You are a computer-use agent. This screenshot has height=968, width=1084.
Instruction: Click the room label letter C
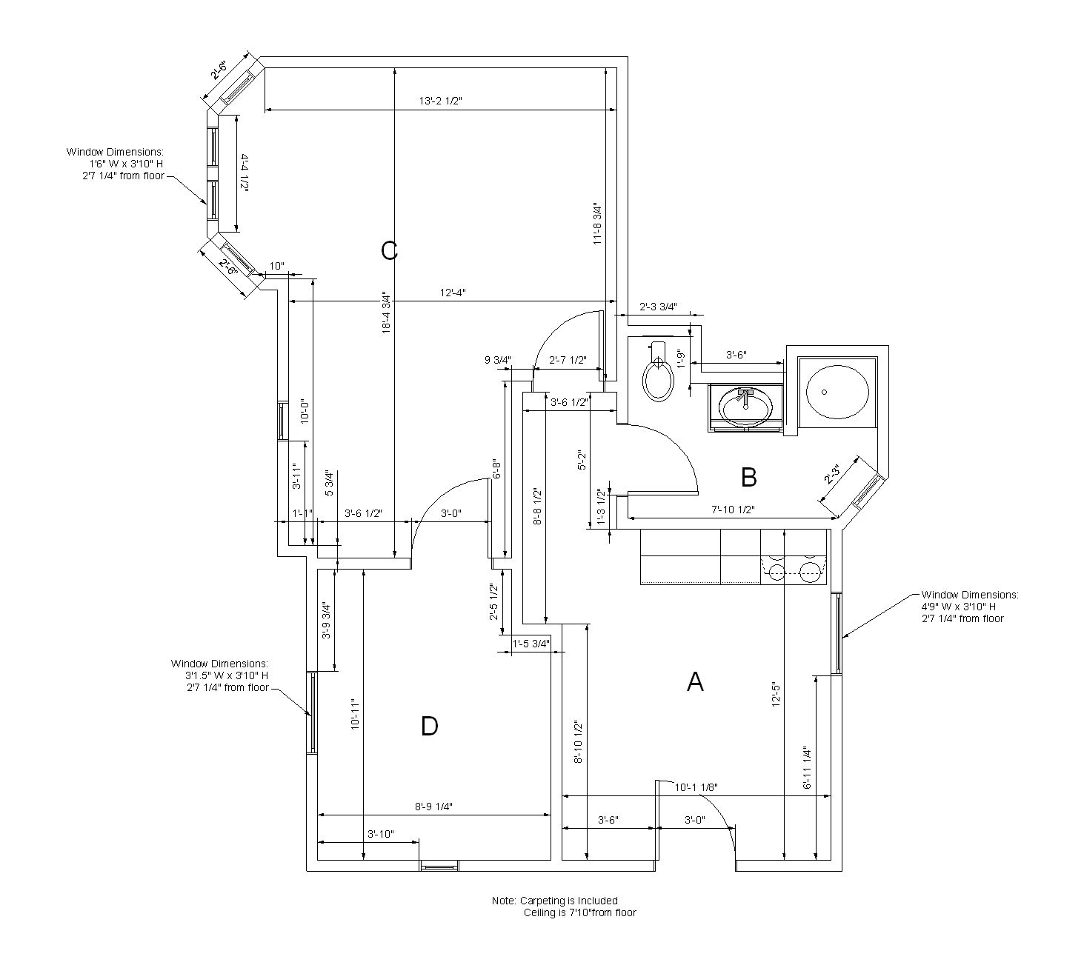pyautogui.click(x=389, y=251)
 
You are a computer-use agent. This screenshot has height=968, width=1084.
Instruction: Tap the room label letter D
pyautogui.click(x=429, y=727)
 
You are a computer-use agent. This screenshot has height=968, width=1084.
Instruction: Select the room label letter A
pyautogui.click(x=695, y=681)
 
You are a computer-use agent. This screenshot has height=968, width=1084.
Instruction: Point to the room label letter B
pyautogui.click(x=748, y=478)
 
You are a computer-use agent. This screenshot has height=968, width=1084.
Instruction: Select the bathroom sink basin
pyautogui.click(x=745, y=406)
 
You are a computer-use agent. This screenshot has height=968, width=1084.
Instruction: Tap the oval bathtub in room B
pyautogui.click(x=837, y=393)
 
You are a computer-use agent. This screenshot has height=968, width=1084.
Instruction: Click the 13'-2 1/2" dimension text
pyautogui.click(x=440, y=101)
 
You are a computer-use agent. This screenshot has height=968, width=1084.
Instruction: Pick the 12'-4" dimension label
pyautogui.click(x=453, y=293)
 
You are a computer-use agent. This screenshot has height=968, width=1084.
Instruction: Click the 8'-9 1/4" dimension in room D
pyautogui.click(x=433, y=807)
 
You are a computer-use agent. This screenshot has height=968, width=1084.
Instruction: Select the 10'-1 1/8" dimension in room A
pyautogui.click(x=696, y=787)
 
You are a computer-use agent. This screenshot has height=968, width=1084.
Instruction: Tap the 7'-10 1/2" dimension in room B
pyautogui.click(x=733, y=510)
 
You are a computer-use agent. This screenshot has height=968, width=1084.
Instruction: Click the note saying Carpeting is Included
pyautogui.click(x=554, y=901)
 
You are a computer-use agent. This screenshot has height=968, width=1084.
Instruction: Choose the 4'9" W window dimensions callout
pyautogui.click(x=969, y=606)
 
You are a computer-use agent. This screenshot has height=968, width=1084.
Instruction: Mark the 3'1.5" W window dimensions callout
pyautogui.click(x=220, y=675)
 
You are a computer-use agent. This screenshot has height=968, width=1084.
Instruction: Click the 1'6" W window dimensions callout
pyautogui.click(x=115, y=164)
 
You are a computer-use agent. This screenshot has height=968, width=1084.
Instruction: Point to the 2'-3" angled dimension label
pyautogui.click(x=832, y=475)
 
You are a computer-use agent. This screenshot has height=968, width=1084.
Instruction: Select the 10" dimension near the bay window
pyautogui.click(x=276, y=266)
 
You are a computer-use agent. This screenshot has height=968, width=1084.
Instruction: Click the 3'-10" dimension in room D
pyautogui.click(x=381, y=834)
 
